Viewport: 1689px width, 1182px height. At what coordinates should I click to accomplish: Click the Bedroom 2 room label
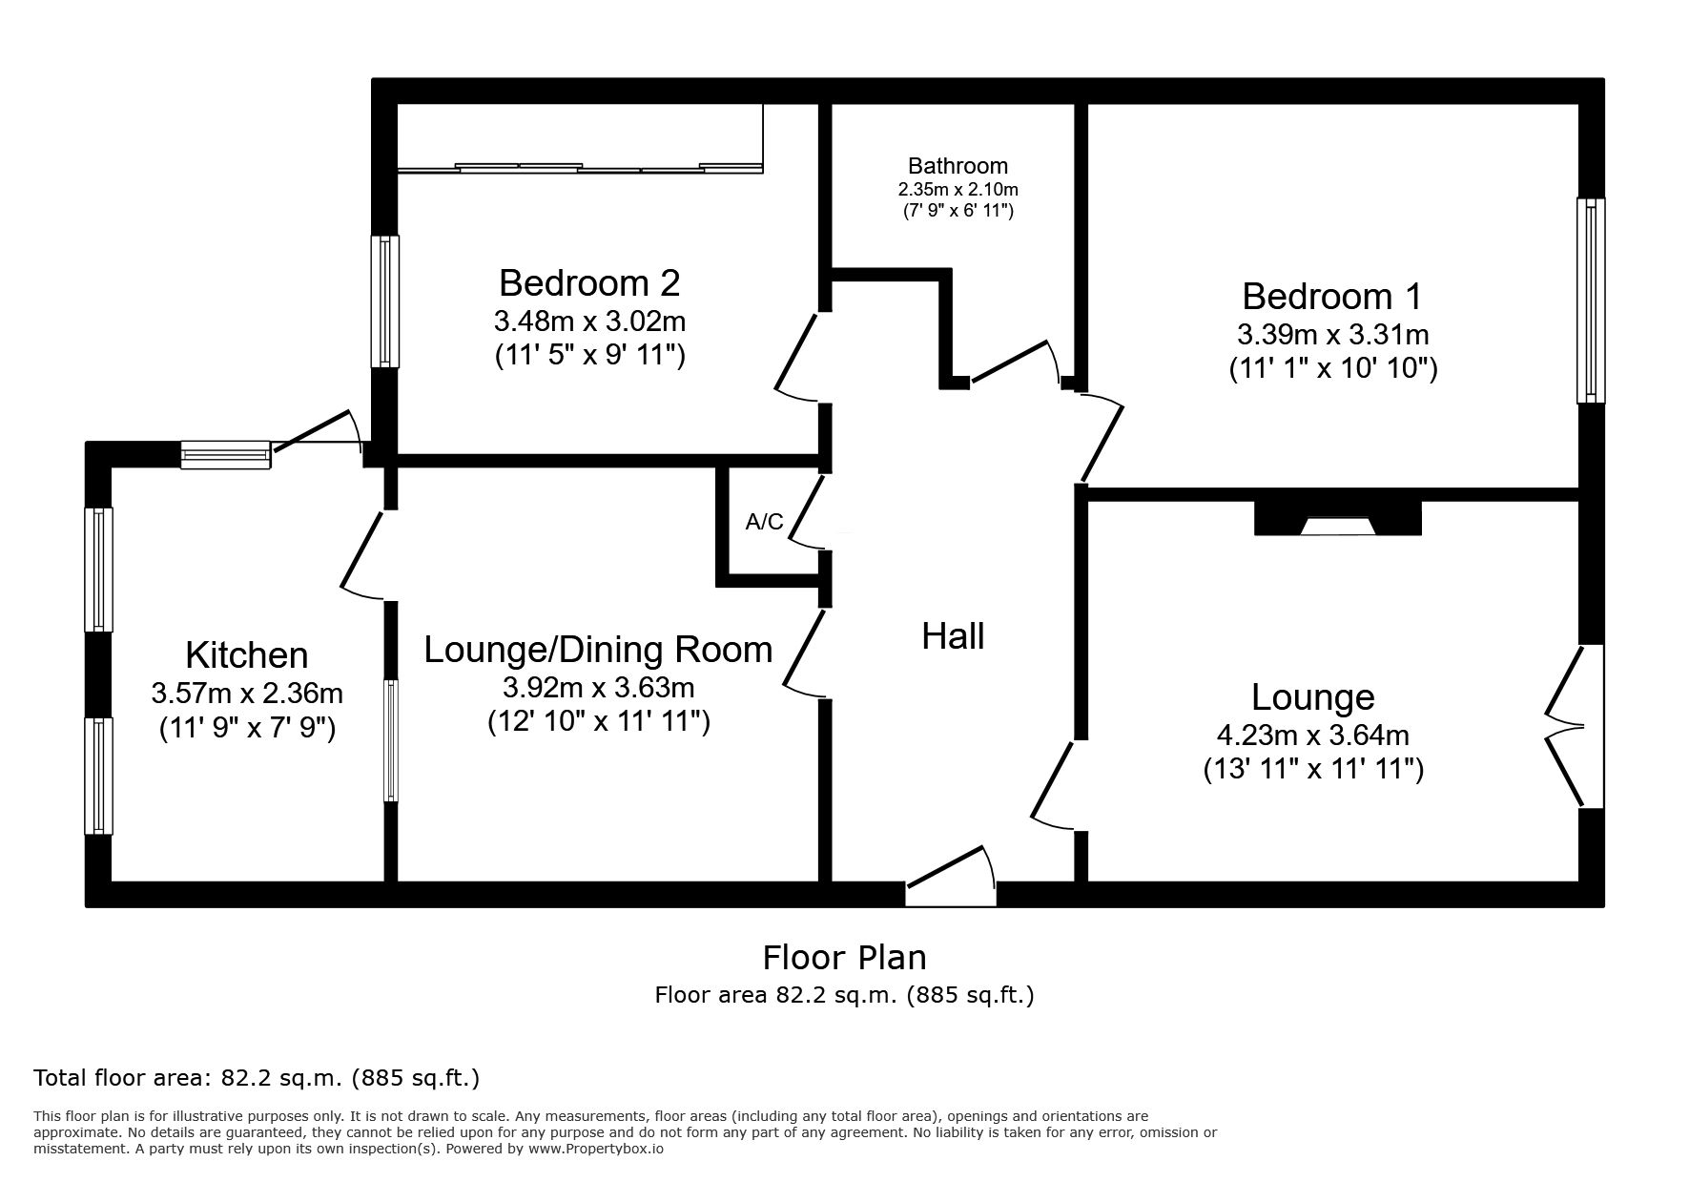click(x=589, y=283)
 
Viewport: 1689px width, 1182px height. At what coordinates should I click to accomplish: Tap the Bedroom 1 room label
click(x=1331, y=297)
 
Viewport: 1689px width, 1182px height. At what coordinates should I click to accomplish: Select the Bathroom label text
click(x=958, y=166)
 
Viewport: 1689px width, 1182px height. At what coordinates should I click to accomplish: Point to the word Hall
click(x=953, y=636)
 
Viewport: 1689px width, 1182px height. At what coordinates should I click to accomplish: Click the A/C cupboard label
click(x=764, y=522)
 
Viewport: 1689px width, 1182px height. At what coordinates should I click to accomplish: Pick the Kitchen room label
click(x=247, y=655)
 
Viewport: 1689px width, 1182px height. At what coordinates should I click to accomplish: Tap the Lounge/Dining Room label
click(x=598, y=650)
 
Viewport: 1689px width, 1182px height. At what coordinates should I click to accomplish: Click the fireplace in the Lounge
click(x=1337, y=518)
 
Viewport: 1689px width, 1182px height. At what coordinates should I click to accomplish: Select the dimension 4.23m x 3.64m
click(x=1312, y=736)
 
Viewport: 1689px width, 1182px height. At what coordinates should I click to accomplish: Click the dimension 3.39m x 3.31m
click(x=1332, y=335)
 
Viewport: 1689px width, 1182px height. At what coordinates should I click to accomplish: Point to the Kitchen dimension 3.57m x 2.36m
click(x=247, y=693)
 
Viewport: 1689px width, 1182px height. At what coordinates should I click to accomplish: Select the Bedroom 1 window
click(x=1591, y=301)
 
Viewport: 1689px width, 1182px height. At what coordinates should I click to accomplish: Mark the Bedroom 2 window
click(x=385, y=301)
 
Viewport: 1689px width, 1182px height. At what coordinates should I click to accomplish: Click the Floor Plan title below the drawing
click(x=844, y=957)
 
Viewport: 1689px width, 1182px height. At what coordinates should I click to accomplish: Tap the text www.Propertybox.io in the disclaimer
click(x=596, y=1150)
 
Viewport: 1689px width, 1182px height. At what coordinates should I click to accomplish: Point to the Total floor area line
click(x=257, y=1079)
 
